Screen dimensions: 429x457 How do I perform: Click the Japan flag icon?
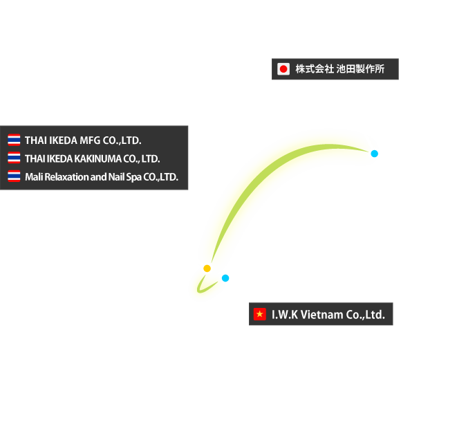pos(283,69)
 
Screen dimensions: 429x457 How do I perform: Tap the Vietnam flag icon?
pos(260,315)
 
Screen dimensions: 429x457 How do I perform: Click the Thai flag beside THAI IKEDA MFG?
pos(14,140)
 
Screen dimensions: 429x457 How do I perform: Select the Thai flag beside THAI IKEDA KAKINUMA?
pos(14,158)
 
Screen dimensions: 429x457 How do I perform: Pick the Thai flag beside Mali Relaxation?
pos(14,176)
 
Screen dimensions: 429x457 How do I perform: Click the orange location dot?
pos(207,268)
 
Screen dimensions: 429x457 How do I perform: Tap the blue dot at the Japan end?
pos(375,154)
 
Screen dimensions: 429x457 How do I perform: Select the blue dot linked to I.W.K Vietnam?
pos(225,278)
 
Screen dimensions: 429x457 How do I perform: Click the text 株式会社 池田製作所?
pos(340,69)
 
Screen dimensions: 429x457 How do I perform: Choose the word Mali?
pos(33,177)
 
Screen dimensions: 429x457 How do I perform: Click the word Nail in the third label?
pos(116,177)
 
